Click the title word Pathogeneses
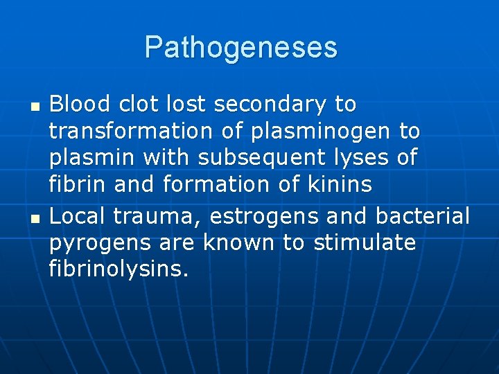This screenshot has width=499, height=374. point(241,47)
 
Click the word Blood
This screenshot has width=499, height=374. point(80,105)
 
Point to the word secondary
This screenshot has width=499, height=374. point(270,105)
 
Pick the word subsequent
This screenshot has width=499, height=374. point(262,158)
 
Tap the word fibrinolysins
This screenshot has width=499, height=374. point(119,269)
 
